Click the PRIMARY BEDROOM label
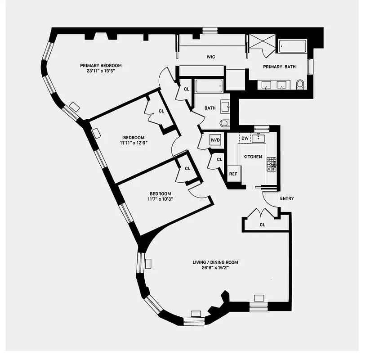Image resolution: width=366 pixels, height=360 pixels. point(101,65)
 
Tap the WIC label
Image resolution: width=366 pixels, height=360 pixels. point(211,57)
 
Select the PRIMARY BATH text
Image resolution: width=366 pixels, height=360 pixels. point(279,67)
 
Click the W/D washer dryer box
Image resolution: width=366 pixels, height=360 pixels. point(215,140)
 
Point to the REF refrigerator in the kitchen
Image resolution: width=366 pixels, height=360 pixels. point(233,174)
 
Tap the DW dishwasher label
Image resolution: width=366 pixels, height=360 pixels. point(245,138)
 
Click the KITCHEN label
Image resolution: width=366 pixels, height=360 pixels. point(252,157)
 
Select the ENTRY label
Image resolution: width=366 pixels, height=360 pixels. point(287,198)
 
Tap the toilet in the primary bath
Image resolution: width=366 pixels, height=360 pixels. point(300,84)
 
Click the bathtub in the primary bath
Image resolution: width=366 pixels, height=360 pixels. point(292,46)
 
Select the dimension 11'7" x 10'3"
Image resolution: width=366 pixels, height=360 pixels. point(160,198)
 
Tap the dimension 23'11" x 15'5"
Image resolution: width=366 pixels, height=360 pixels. point(101,71)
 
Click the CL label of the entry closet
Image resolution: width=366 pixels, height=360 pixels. point(263,225)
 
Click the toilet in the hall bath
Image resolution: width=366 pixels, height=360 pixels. point(224,123)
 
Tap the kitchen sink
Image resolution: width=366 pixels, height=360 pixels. point(259,139)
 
